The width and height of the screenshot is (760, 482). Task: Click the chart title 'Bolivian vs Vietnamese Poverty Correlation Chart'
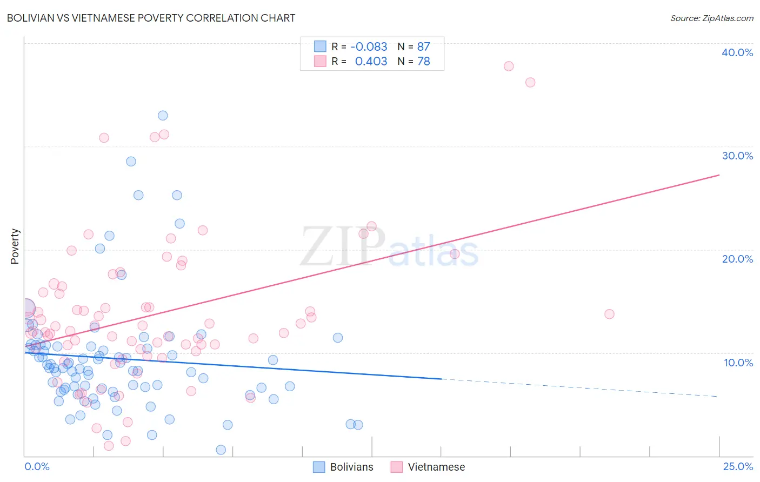click(151, 18)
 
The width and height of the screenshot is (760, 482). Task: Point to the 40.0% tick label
click(737, 52)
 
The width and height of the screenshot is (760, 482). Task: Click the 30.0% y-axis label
click(737, 156)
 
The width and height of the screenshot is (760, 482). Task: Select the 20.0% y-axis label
click(737, 259)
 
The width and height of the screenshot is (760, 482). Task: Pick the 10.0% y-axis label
click(738, 362)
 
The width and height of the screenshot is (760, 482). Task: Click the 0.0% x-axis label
click(37, 466)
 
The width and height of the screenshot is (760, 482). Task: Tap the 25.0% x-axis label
click(738, 466)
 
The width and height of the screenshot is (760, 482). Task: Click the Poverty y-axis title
click(15, 246)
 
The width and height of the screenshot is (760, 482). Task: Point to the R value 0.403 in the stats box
click(371, 62)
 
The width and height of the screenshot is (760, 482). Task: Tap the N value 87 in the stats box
click(423, 46)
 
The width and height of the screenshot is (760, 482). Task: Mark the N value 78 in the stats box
click(423, 62)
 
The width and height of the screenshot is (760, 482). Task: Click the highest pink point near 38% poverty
click(509, 66)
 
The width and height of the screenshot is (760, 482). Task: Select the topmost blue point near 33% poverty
click(163, 115)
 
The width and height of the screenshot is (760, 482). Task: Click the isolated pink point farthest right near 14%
click(609, 314)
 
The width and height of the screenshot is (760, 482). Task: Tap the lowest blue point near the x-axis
click(221, 450)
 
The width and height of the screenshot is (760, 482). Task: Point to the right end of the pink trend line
click(719, 175)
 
